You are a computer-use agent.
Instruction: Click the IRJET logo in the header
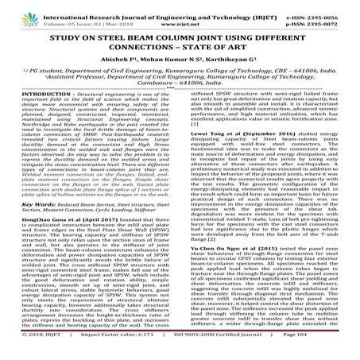coord(14,11)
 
